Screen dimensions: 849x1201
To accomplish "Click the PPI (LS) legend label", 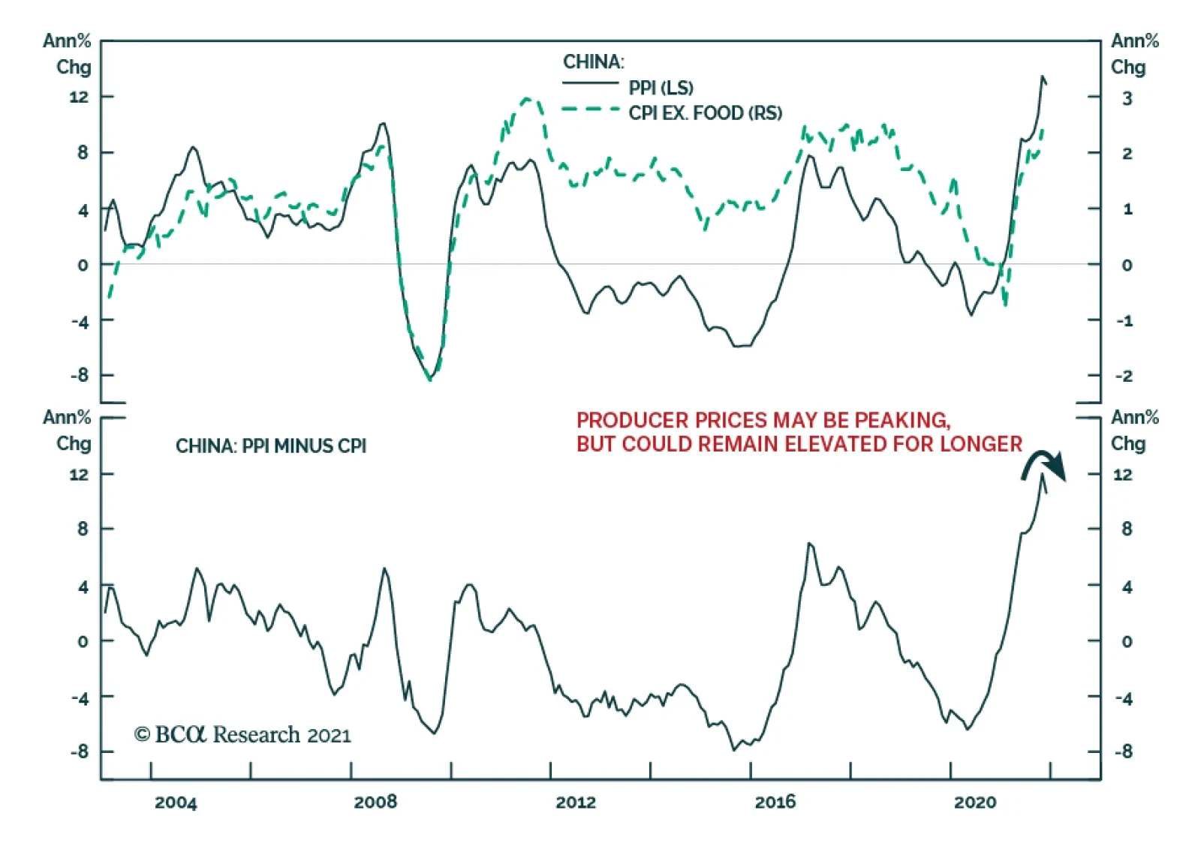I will pos(661,88).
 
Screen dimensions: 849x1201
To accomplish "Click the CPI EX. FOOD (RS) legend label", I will pos(705,112).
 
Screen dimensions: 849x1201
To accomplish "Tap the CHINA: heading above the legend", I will pos(593,61).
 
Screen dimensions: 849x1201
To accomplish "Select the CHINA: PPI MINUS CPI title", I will pos(271,446).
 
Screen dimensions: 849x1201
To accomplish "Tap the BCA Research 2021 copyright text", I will pos(242,734).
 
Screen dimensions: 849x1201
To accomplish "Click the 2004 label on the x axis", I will pos(176,802).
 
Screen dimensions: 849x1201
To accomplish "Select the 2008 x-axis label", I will pos(375,802).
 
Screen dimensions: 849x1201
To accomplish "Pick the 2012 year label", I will pos(576,802).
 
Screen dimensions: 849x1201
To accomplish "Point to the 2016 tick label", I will pos(775,802).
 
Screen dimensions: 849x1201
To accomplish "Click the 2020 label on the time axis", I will pos(975,802).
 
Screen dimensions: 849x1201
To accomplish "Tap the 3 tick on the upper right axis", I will pos(1127,98).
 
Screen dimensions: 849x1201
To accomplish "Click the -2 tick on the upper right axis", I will pos(1124,376).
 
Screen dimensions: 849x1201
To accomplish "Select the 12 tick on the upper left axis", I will pos(79,97).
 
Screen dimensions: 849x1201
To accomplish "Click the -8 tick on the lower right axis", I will pos(1123,751).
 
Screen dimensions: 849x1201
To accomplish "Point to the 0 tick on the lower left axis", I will pos(83,641).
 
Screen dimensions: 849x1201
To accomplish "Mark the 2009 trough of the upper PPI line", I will pos(430,379).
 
